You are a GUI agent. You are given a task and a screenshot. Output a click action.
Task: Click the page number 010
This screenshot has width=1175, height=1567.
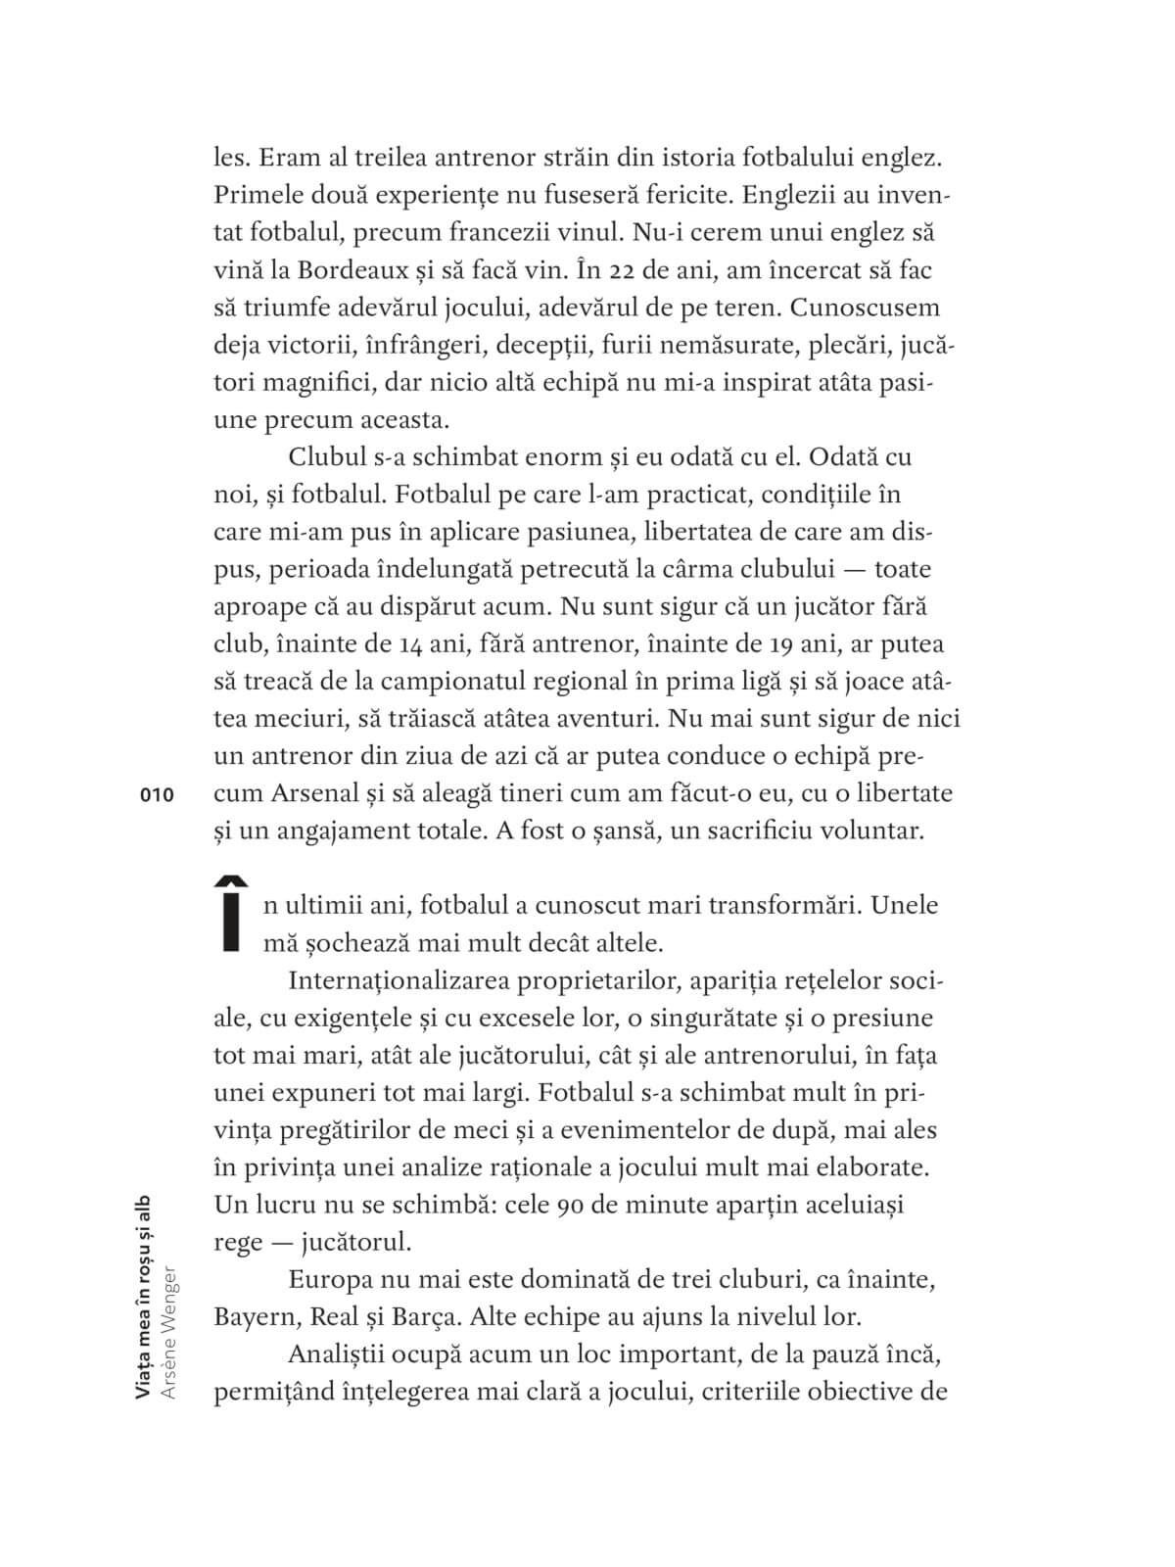click(157, 795)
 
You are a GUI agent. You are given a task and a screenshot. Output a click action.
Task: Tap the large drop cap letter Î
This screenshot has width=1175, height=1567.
click(231, 912)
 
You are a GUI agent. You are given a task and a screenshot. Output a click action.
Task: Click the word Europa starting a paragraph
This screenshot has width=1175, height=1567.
click(331, 1280)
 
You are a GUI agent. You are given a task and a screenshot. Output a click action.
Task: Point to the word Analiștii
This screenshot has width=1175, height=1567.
click(337, 1354)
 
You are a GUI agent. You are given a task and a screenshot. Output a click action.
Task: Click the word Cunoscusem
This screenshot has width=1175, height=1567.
click(865, 308)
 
